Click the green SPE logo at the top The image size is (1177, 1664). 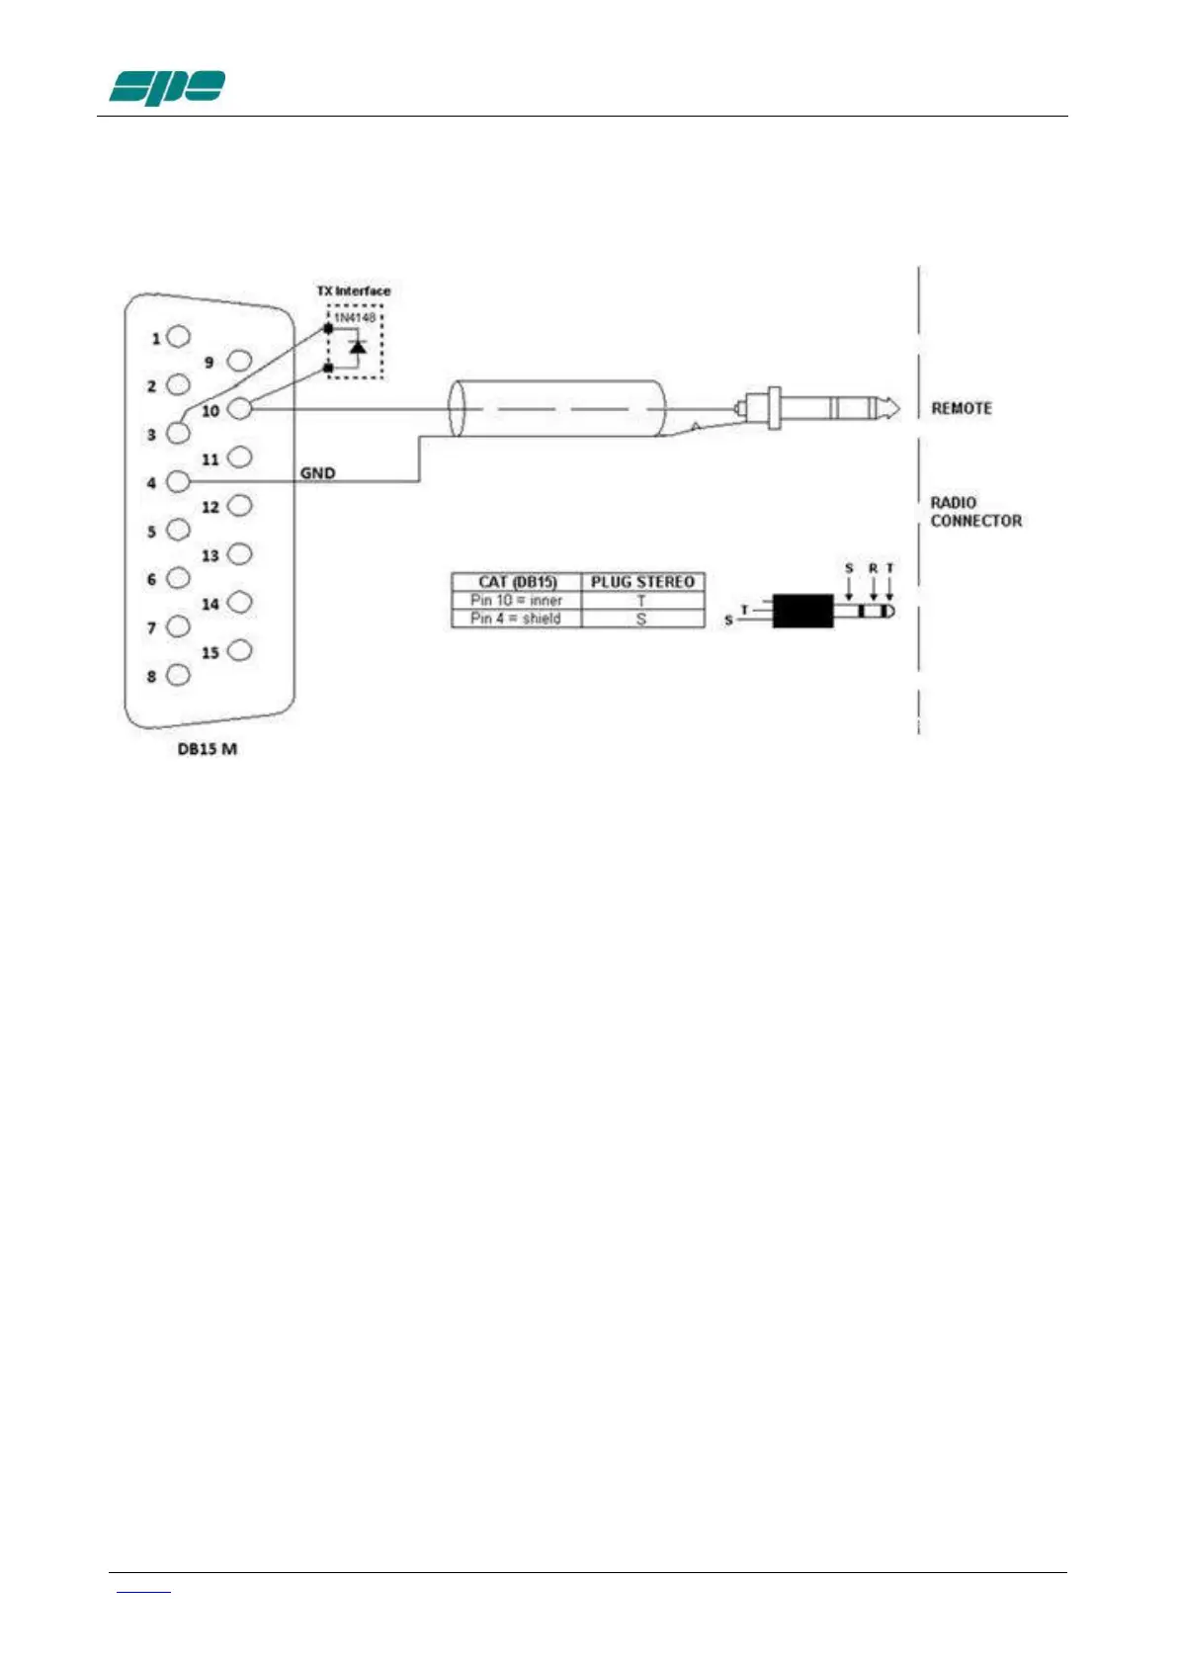166,88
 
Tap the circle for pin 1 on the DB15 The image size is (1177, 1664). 178,337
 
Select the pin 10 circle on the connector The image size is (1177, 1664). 239,408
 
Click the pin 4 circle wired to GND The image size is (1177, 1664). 178,482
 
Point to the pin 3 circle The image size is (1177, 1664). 178,433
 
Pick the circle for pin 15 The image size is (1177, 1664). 239,650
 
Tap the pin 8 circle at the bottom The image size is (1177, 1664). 178,675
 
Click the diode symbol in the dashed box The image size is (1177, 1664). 358,347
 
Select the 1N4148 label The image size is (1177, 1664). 354,318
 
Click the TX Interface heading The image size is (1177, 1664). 353,291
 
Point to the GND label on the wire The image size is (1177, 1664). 317,473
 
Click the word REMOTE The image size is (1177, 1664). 961,408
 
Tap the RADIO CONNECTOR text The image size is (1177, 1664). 974,512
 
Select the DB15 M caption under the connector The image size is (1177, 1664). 207,749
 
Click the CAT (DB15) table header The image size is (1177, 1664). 517,582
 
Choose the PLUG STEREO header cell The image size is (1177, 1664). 642,582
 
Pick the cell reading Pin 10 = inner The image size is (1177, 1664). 516,600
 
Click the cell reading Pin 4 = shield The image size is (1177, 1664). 516,619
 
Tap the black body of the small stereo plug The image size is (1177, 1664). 802,611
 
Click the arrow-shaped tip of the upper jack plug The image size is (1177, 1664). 891,407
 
